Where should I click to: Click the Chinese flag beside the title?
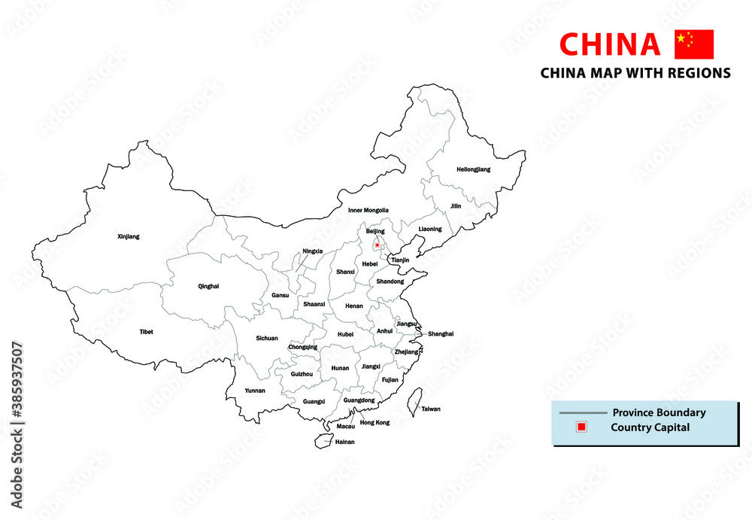click(x=693, y=44)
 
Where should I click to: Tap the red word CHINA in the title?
click(x=611, y=45)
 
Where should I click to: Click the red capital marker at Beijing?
click(x=377, y=245)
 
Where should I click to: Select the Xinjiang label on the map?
click(x=129, y=236)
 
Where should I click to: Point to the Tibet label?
click(x=146, y=331)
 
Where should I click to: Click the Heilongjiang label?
click(x=473, y=169)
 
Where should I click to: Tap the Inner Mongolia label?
click(x=368, y=210)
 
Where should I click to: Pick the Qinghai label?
click(x=208, y=286)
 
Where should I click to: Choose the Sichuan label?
click(x=267, y=338)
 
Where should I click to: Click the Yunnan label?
click(x=256, y=391)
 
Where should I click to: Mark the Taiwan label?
click(x=431, y=409)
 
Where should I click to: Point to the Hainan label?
click(x=344, y=442)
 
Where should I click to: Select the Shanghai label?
click(x=441, y=333)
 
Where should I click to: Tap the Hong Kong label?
click(x=375, y=423)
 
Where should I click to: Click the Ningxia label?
click(x=313, y=251)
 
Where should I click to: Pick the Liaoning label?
click(x=430, y=229)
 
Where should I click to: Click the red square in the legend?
click(x=581, y=427)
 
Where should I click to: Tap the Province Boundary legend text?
click(x=659, y=412)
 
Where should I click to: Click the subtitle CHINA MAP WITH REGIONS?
click(x=635, y=73)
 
